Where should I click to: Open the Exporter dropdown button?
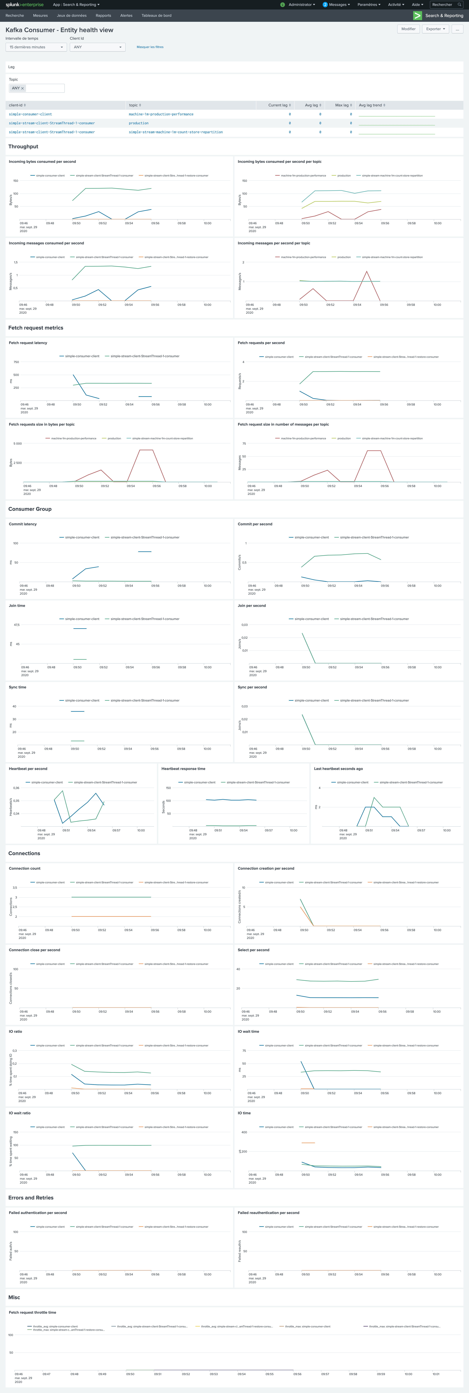pos(435,29)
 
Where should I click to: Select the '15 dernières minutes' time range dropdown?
pos(36,47)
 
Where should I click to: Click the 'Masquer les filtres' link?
pos(150,47)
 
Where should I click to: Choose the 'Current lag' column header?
pos(279,105)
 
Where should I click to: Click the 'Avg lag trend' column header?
pos(372,105)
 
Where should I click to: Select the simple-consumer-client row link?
pos(30,114)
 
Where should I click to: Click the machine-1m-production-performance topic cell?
pos(161,114)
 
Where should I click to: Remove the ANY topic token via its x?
pos(22,88)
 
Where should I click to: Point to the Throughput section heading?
pos(23,146)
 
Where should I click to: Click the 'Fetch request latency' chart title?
pos(28,343)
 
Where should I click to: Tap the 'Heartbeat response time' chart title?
pos(183,768)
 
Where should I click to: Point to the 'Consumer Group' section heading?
pos(30,509)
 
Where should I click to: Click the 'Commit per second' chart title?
pos(255,524)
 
